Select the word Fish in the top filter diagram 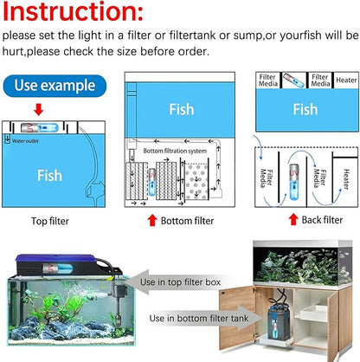[50, 174]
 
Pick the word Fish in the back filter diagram [305, 109]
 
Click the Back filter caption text [321, 220]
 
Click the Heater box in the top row [344, 80]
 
